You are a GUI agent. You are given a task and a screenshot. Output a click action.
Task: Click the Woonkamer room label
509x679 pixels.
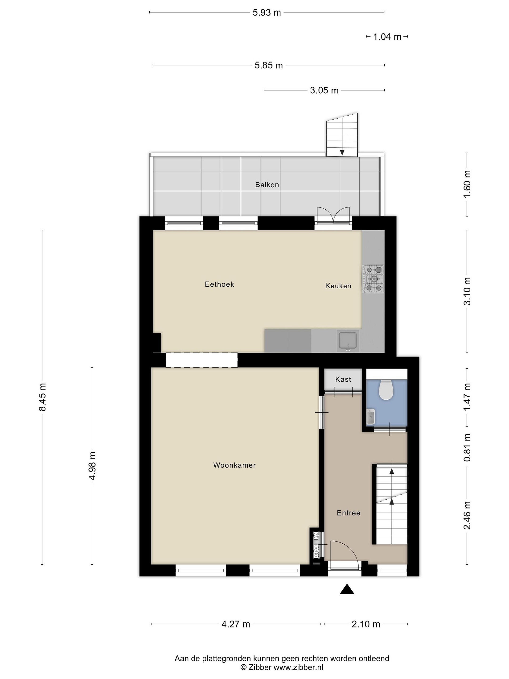point(234,465)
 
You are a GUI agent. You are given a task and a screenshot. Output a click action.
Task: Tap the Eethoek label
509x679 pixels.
point(219,284)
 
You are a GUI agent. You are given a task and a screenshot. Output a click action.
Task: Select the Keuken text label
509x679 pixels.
point(338,286)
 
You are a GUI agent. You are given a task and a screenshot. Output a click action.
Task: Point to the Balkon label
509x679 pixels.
point(267,184)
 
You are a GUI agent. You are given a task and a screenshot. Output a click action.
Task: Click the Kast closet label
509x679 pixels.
point(343,379)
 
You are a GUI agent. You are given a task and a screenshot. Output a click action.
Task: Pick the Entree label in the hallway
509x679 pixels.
point(349,513)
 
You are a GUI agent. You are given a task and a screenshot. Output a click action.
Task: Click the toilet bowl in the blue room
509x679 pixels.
point(386,390)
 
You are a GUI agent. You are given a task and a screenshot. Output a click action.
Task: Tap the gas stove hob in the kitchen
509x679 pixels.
point(373,279)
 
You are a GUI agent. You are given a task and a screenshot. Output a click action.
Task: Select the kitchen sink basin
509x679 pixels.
point(348,341)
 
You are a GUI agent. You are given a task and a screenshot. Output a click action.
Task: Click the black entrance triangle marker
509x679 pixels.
point(347,589)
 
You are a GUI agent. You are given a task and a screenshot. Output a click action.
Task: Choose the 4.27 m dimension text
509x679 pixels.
point(236,624)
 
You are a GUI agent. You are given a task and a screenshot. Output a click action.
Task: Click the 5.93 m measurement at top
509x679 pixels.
point(267,12)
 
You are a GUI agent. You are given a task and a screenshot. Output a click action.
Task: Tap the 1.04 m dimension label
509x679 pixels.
point(387,37)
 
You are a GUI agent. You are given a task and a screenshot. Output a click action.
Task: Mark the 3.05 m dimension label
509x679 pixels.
point(324,91)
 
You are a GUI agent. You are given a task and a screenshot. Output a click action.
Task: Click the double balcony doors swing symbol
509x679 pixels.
point(333,215)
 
